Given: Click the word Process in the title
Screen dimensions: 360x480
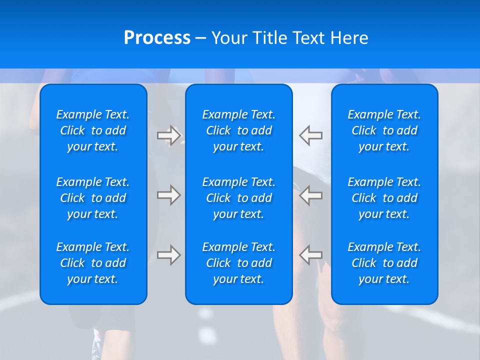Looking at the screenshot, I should [x=157, y=38].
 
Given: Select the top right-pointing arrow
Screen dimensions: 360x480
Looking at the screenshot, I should [x=169, y=135].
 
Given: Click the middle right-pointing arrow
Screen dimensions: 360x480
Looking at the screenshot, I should [x=169, y=195].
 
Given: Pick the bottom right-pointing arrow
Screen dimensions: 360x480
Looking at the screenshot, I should [x=169, y=255].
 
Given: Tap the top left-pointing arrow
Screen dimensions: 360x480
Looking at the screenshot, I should [x=311, y=135].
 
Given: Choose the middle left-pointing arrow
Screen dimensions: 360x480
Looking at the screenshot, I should [x=311, y=195].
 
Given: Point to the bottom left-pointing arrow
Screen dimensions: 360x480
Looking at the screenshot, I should [x=311, y=255].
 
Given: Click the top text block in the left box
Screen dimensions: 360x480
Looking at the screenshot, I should [x=93, y=130].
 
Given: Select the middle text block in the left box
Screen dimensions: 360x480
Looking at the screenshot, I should [x=93, y=198].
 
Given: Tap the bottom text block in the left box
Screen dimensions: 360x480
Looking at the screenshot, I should [x=93, y=263].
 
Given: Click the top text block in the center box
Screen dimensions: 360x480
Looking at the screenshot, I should [x=239, y=130].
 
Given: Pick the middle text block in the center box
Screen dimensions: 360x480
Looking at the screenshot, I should [x=239, y=198].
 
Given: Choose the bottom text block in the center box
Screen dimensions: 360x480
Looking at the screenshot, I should [x=239, y=263].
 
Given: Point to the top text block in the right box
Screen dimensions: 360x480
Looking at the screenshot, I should [x=384, y=130].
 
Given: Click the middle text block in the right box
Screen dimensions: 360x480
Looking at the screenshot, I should [x=384, y=198].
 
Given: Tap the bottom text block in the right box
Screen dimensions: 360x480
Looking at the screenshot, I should [x=384, y=263].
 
